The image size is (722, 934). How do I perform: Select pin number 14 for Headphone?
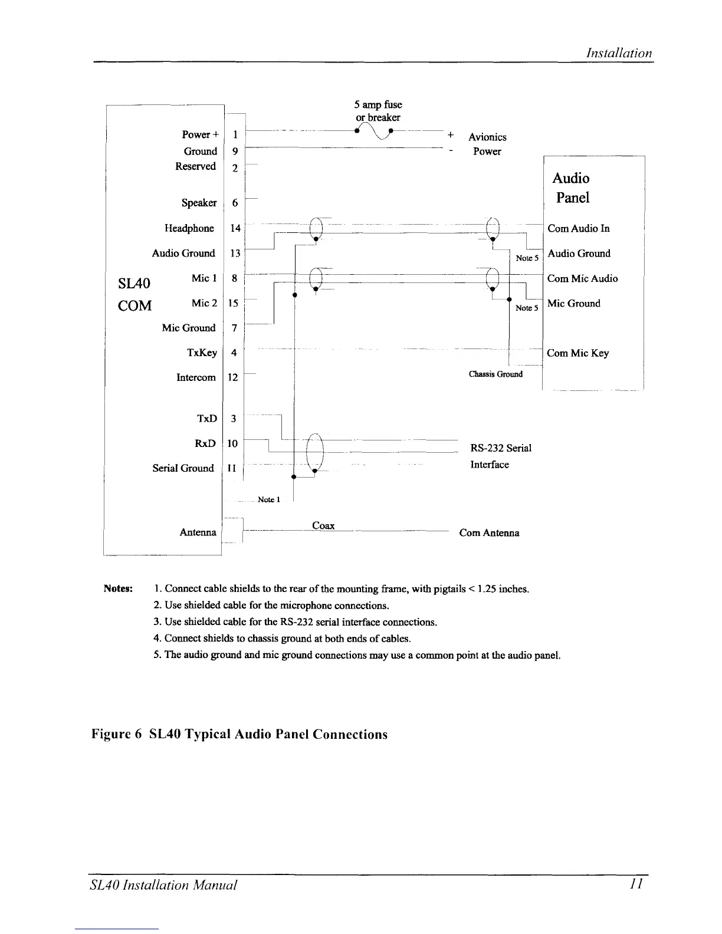[x=235, y=228]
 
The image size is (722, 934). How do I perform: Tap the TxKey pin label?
[x=202, y=353]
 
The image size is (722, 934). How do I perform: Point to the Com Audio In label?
[x=578, y=228]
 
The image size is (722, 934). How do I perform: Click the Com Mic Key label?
[x=577, y=353]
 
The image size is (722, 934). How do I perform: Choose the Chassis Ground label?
[x=495, y=374]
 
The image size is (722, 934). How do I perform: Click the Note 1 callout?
[x=266, y=499]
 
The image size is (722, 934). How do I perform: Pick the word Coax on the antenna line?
[x=323, y=525]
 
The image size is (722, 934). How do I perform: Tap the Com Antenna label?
[x=489, y=533]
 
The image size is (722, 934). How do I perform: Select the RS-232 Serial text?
[x=501, y=448]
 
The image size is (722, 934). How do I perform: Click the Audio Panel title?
[x=571, y=188]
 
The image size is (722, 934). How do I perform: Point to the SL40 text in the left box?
[x=134, y=283]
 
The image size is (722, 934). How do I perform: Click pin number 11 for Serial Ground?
[x=232, y=468]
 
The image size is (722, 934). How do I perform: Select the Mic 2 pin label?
[x=204, y=303]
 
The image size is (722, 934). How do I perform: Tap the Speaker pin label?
[x=199, y=203]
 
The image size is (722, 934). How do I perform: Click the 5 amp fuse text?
[x=378, y=105]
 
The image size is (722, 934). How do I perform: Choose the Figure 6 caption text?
[x=239, y=734]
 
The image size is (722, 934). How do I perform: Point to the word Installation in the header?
[x=619, y=53]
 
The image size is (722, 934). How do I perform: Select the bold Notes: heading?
[x=119, y=588]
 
